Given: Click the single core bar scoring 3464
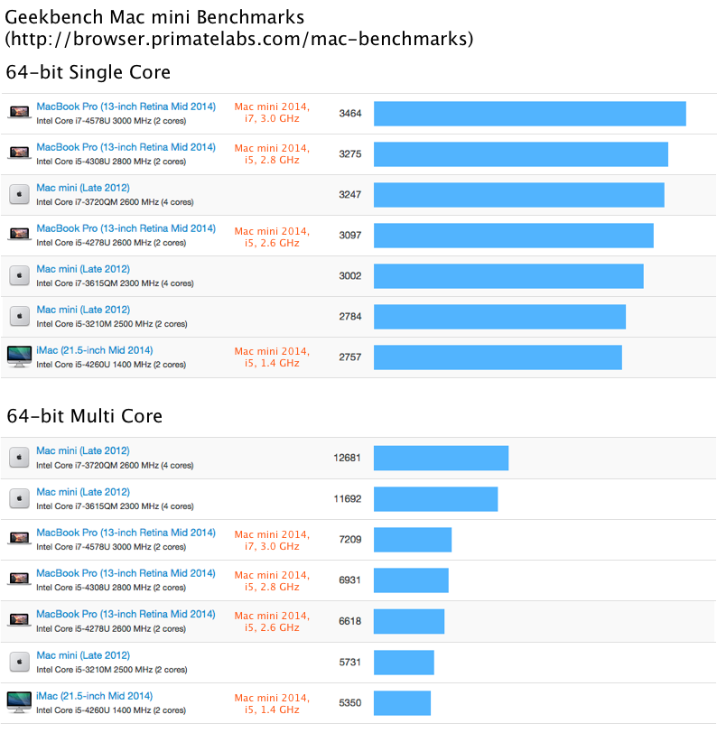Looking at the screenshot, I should click(529, 114).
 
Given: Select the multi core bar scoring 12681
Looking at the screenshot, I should click(441, 458).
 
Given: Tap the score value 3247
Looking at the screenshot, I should click(349, 195).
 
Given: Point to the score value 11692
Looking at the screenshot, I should click(347, 499).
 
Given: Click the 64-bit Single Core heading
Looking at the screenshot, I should click(88, 72).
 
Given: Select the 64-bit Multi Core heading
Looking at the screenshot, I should click(84, 416).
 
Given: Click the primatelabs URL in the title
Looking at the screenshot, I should click(238, 39).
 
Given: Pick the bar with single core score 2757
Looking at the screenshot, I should click(498, 357).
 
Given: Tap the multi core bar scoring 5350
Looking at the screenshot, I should click(402, 703).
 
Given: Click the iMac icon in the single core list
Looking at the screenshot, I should click(19, 357).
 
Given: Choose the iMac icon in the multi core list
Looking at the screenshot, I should click(19, 703).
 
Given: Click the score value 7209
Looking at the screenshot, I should click(349, 540).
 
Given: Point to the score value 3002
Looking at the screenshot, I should click(349, 276).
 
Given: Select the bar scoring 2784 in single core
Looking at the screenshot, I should click(499, 317).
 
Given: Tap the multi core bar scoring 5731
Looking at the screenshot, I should click(404, 662).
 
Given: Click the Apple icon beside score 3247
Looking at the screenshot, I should click(19, 195).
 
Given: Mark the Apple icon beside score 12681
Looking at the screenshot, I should click(19, 458).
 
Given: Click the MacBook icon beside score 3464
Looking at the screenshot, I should click(19, 114).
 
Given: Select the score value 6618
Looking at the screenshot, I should click(349, 621).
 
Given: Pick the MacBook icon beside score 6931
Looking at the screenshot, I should click(19, 580).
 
